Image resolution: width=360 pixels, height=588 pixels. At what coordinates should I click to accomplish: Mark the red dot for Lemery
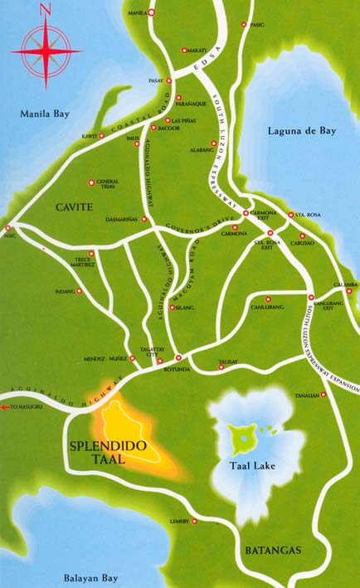click(x=196, y=522)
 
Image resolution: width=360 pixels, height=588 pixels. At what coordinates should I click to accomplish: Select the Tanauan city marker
click(x=324, y=395)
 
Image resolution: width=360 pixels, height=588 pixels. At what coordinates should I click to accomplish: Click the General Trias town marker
click(x=90, y=182)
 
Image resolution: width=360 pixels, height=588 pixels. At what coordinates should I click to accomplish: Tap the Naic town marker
click(x=7, y=226)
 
